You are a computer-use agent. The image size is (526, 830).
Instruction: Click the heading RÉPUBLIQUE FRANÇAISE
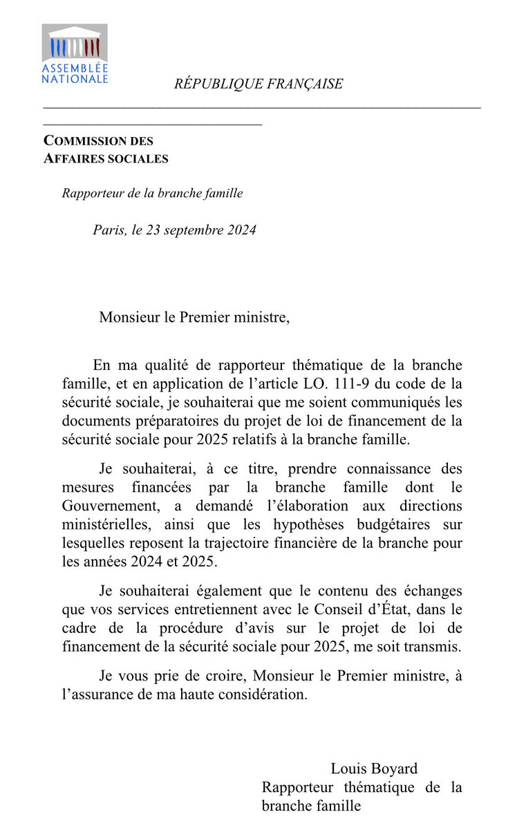point(259,84)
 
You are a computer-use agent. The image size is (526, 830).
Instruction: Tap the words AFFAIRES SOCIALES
point(106,158)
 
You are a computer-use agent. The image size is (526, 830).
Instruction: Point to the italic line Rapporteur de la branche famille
point(152,194)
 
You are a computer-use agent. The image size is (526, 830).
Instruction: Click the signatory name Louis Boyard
point(374,769)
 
